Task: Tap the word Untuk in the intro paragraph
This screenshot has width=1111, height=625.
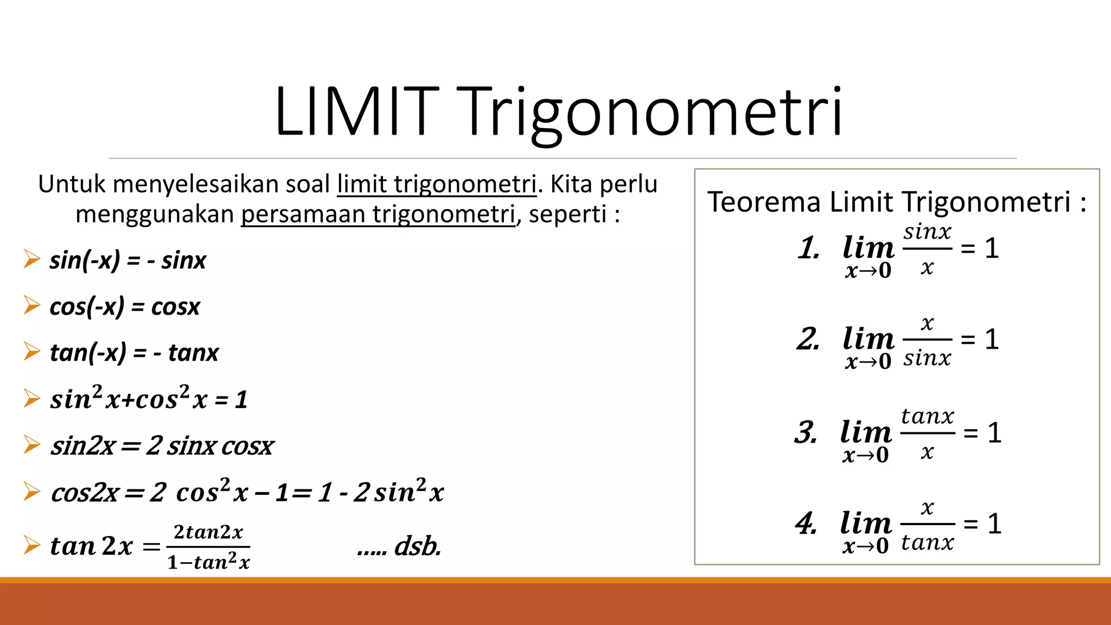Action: (x=72, y=184)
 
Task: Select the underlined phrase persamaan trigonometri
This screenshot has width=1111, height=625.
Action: (x=378, y=214)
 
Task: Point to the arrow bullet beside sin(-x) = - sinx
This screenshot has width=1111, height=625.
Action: (x=32, y=259)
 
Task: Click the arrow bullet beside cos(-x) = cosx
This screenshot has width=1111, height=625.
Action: (x=32, y=305)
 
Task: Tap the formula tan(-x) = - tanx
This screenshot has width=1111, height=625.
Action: (x=134, y=353)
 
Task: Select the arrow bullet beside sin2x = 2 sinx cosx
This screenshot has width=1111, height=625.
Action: (x=32, y=445)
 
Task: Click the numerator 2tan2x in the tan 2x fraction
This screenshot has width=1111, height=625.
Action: (x=208, y=532)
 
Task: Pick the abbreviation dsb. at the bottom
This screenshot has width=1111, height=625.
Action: (x=417, y=546)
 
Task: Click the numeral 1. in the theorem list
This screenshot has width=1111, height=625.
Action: (x=808, y=248)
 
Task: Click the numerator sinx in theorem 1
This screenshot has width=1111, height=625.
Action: (x=927, y=232)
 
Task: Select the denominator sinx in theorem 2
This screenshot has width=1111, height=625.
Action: (x=927, y=358)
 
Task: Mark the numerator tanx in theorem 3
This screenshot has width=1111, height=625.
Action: (x=927, y=416)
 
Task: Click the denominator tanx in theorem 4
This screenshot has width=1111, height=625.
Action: (x=927, y=543)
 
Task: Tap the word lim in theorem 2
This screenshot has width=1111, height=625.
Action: (x=868, y=339)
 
